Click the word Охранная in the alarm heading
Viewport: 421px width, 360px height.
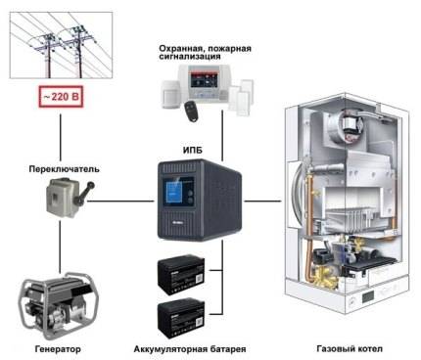point(177,46)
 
